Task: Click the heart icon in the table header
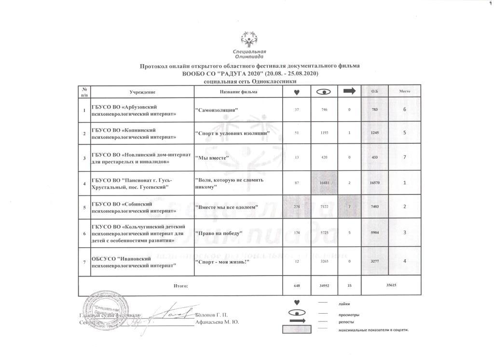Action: [297, 92]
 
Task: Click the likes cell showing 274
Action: [297, 207]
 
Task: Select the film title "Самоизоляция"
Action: [217, 111]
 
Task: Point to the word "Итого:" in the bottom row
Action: [180, 286]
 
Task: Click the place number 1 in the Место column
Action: [405, 183]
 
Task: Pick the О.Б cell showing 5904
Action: [375, 233]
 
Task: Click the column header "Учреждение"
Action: [142, 92]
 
